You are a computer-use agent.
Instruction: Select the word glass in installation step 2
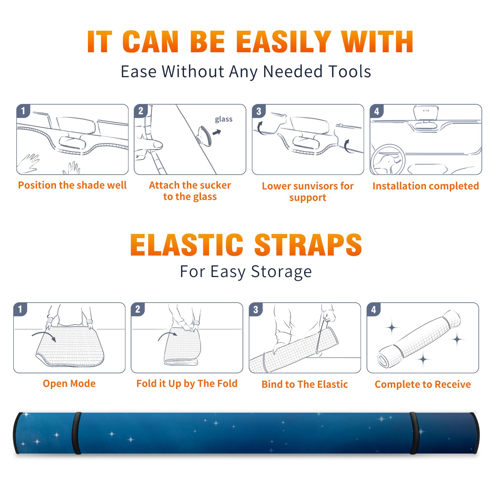pos(224,119)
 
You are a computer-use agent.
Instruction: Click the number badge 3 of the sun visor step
pos(259,111)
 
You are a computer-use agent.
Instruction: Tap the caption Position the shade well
pos(72,185)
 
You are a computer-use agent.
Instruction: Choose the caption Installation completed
pos(426,186)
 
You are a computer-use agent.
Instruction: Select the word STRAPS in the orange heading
pos(308,245)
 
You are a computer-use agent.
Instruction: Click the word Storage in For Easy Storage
pos(281,272)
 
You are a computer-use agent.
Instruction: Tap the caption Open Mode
pos(69,383)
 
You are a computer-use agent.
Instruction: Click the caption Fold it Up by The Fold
pos(187,383)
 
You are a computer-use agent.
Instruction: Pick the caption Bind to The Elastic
pos(305,384)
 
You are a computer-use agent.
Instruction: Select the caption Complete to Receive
pos(423,384)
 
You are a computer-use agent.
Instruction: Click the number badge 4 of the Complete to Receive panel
pos(374,309)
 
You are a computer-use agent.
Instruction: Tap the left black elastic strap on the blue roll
pos(77,433)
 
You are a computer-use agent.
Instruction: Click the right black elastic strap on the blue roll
pos(414,433)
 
